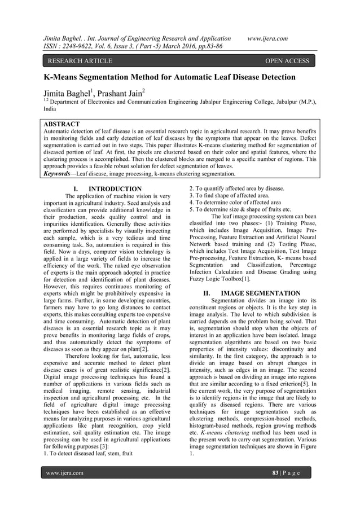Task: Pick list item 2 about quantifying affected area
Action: point(236,188)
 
